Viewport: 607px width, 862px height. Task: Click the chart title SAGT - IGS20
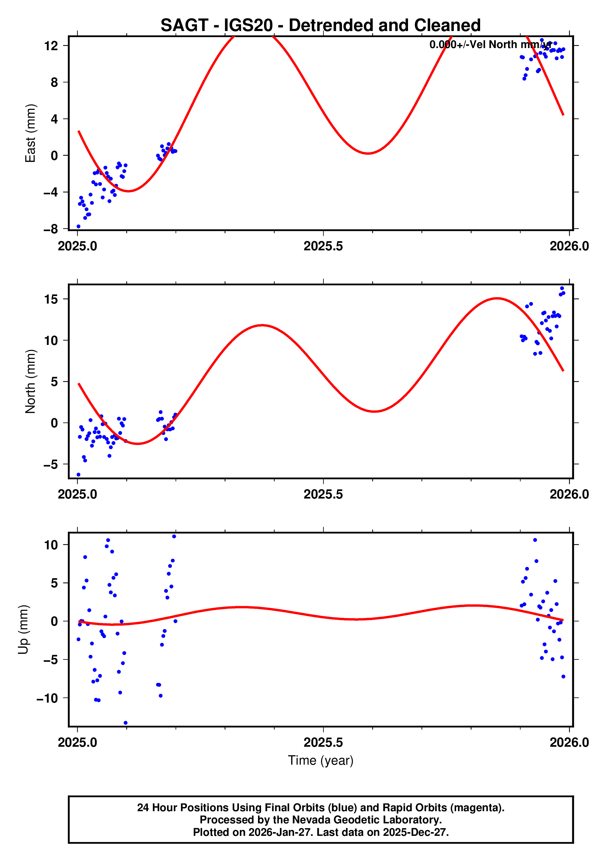point(320,26)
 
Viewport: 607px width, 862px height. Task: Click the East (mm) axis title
point(30,133)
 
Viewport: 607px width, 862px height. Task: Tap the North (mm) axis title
point(30,381)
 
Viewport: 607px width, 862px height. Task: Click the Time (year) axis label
point(320,760)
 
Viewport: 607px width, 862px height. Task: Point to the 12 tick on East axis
point(51,46)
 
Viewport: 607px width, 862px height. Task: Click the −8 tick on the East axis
point(51,229)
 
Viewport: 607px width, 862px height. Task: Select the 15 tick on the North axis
point(51,299)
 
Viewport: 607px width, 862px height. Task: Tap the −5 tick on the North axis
point(51,465)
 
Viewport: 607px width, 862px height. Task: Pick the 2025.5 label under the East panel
point(323,246)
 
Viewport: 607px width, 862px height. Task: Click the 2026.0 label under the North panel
point(569,495)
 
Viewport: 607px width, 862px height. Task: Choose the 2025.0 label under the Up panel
point(77,742)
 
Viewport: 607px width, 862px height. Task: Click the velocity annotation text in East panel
point(490,45)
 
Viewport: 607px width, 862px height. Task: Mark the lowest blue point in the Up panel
point(125,723)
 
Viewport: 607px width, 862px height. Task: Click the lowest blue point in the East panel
point(78,226)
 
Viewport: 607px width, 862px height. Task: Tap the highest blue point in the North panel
point(562,288)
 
